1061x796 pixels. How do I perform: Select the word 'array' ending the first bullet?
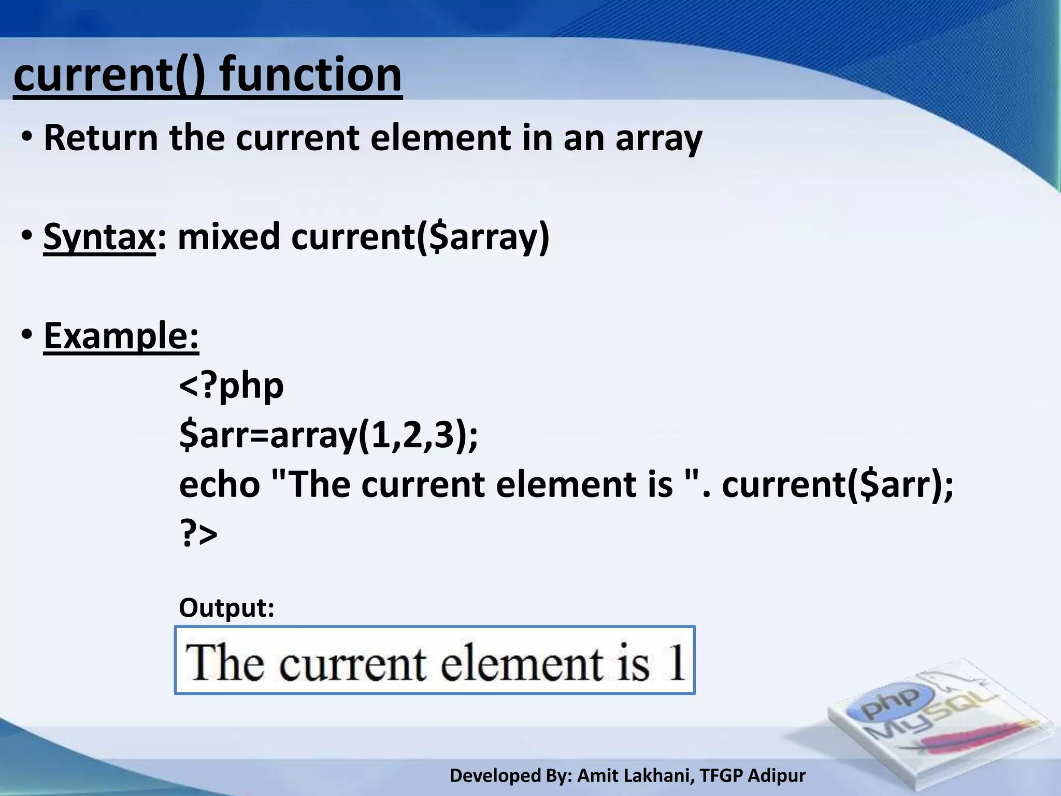[658, 139]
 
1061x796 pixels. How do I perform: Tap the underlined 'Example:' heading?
[121, 336]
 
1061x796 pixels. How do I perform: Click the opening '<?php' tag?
[231, 386]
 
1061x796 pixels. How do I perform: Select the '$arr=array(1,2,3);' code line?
[328, 435]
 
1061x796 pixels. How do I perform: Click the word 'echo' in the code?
[219, 485]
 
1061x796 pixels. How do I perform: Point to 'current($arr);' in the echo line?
[837, 485]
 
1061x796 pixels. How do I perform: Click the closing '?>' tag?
[198, 534]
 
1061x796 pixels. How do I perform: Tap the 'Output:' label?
[226, 607]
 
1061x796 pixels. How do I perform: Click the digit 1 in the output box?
[675, 662]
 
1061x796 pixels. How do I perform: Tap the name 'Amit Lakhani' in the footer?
[634, 776]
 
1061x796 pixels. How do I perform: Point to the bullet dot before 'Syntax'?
[27, 236]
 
